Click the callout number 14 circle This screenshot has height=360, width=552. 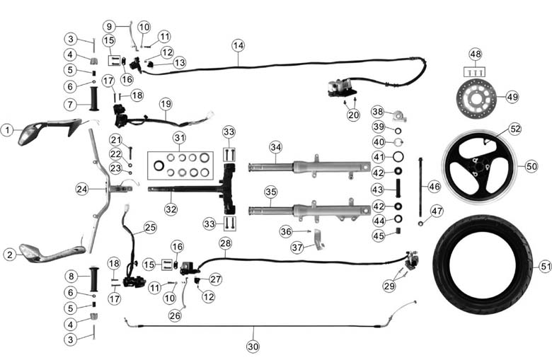tap(238, 45)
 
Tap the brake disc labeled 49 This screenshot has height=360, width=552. tap(476, 97)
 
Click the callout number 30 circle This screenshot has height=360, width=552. tap(253, 347)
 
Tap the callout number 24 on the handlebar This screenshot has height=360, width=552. tap(82, 189)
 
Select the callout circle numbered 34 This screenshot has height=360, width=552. tap(276, 147)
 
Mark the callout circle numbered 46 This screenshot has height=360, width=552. tap(434, 185)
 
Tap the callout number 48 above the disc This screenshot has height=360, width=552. tap(475, 54)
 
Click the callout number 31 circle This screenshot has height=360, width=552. tap(180, 137)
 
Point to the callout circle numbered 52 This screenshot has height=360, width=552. tap(514, 129)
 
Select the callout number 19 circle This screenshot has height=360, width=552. tap(166, 104)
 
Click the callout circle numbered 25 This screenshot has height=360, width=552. tap(149, 227)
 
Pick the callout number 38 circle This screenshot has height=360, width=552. tap(379, 111)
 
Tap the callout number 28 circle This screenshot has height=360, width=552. tap(225, 243)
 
